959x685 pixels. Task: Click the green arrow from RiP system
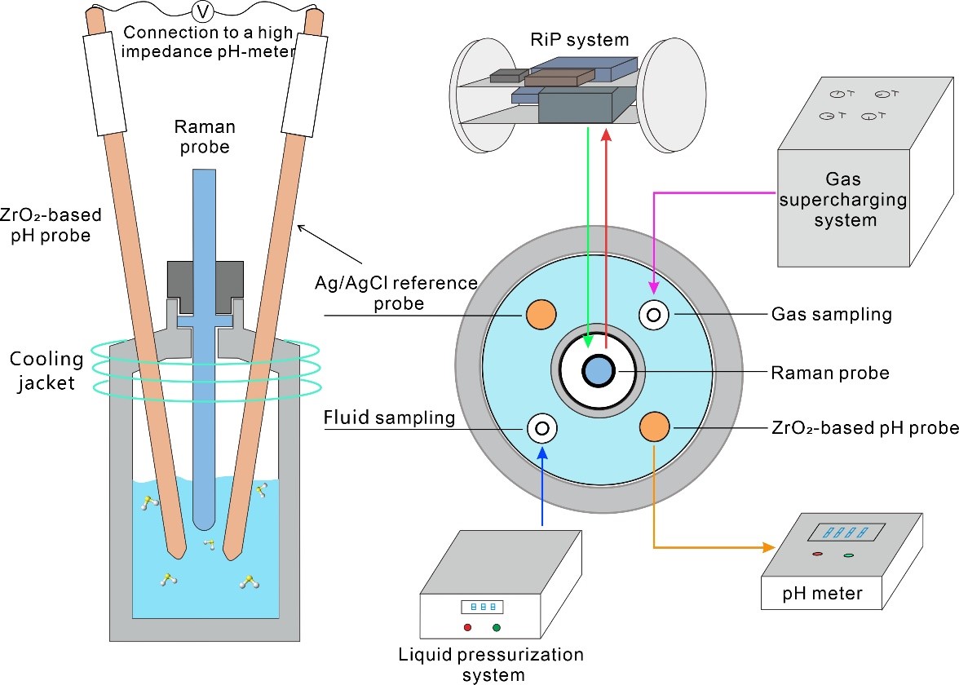[588, 236]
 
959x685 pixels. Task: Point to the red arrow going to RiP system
[606, 236]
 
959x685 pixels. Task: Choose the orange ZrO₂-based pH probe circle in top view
[655, 426]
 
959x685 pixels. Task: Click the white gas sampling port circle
[655, 314]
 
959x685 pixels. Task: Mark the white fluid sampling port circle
[541, 426]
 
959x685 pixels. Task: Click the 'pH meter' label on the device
[821, 593]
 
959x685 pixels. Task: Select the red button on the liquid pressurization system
[467, 627]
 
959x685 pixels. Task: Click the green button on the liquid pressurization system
[496, 627]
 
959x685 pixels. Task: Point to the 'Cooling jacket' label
[46, 370]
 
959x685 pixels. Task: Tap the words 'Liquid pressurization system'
[491, 664]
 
